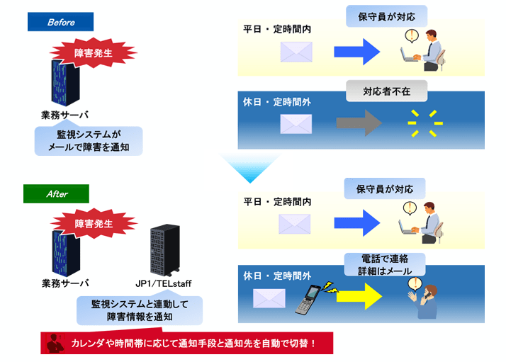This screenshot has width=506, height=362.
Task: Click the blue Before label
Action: [x=61, y=22]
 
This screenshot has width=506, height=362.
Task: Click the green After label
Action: [x=57, y=193]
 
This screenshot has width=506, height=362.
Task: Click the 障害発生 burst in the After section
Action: [x=94, y=224]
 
